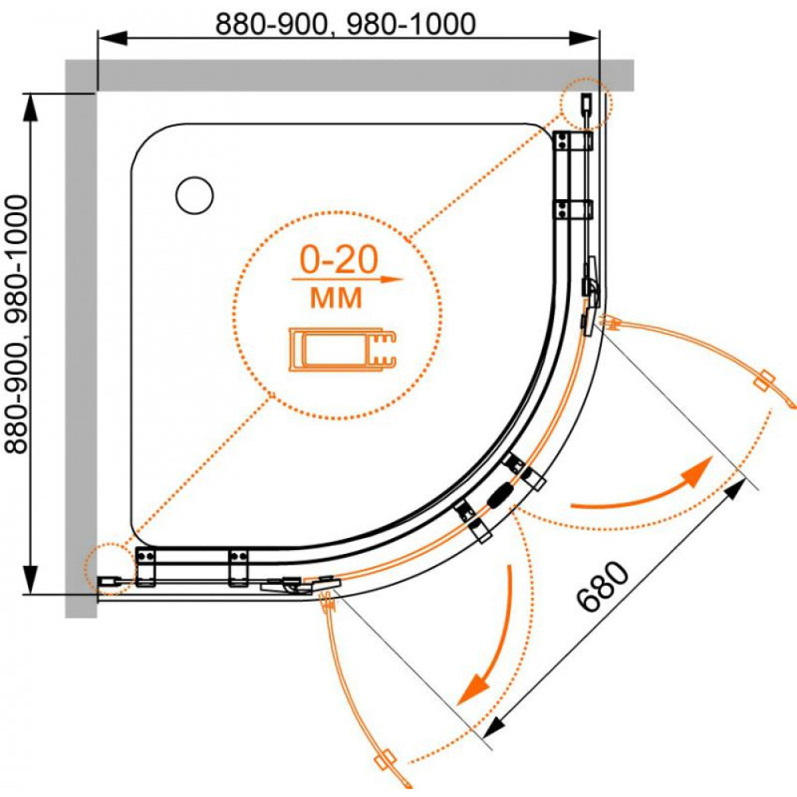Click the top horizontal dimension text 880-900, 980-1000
(346, 24)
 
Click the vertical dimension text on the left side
(16, 324)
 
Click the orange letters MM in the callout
(336, 298)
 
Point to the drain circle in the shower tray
(194, 195)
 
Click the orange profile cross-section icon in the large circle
(342, 349)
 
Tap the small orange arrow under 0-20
(347, 279)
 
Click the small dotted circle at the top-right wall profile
(586, 104)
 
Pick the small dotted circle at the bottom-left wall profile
(110, 568)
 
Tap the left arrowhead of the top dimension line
(112, 37)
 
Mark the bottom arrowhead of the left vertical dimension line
(30, 579)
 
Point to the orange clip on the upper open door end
(764, 380)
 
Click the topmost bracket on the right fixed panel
(573, 140)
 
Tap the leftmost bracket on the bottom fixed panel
(145, 566)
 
